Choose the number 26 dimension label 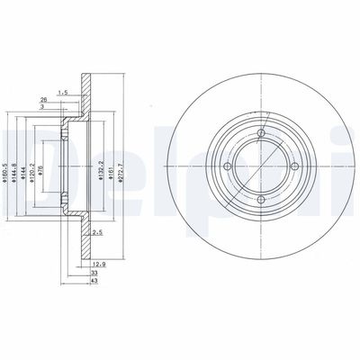pos(43,99)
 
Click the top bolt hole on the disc pos(258,134)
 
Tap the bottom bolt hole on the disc pos(258,200)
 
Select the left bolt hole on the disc pos(225,166)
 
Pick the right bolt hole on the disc pos(292,166)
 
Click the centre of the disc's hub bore pos(258,166)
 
